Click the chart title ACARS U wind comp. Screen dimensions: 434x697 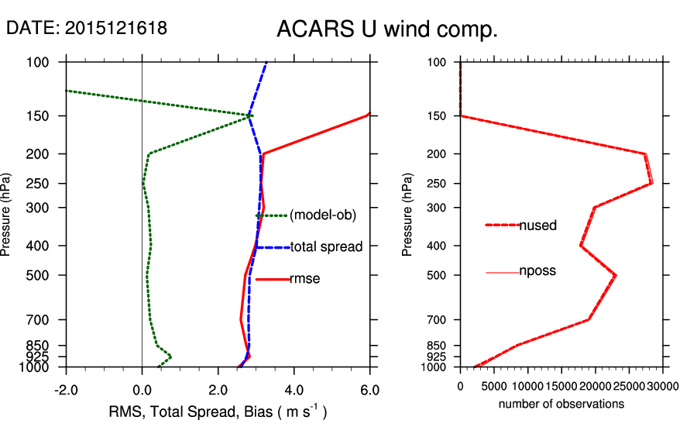(386, 30)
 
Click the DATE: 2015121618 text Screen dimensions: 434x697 (87, 29)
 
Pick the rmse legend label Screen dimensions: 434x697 (306, 279)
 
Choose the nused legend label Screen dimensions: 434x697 (537, 226)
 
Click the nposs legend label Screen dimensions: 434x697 (537, 271)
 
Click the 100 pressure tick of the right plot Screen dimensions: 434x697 (438, 62)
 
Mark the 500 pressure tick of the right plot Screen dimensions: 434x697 (438, 275)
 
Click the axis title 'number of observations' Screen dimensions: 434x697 (561, 404)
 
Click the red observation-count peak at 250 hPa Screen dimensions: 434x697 (651, 183)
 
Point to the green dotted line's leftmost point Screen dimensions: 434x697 (67, 91)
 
